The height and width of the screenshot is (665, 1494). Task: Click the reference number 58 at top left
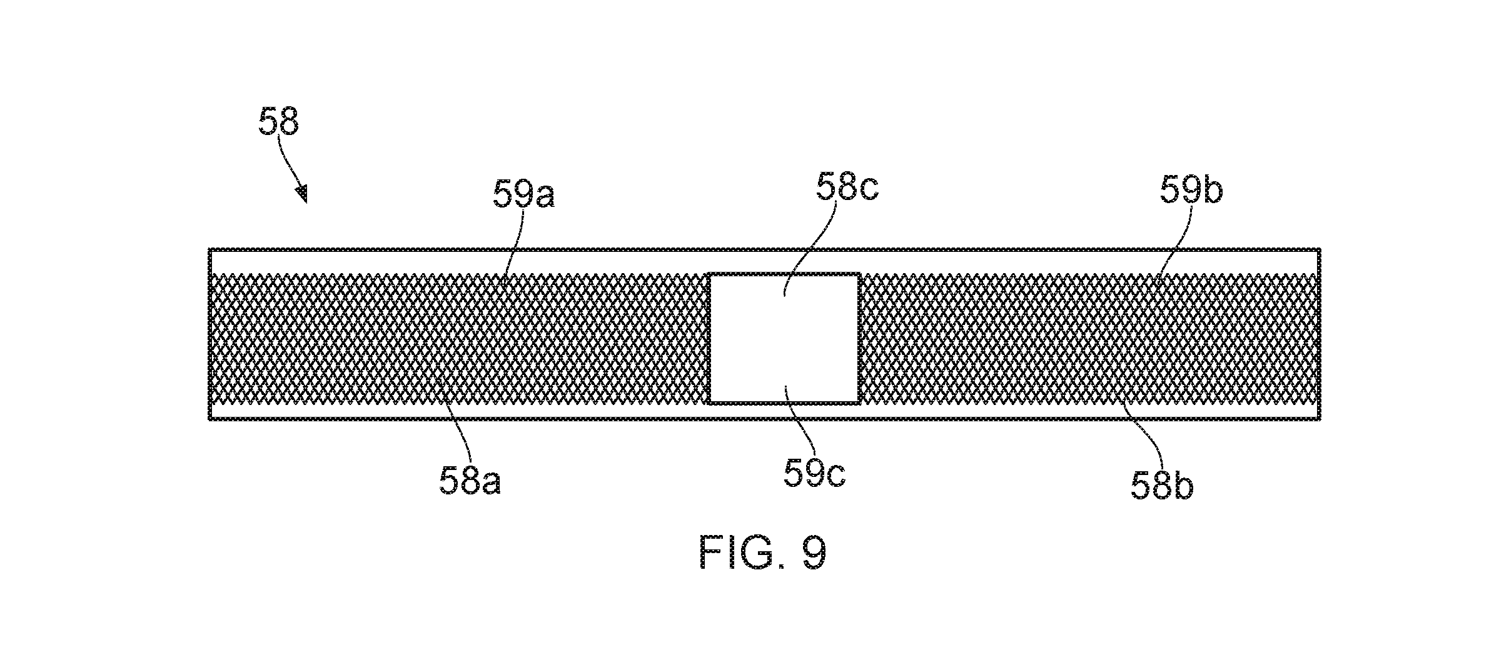[279, 121]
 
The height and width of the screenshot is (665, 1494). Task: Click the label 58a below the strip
[470, 481]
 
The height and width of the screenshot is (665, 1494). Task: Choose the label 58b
[1162, 484]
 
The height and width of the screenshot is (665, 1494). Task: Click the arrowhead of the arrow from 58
[302, 194]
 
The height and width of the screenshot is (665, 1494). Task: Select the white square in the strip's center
[784, 338]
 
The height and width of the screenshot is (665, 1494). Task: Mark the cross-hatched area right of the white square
[1090, 338]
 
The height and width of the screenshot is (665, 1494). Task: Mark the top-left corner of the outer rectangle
[210, 250]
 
